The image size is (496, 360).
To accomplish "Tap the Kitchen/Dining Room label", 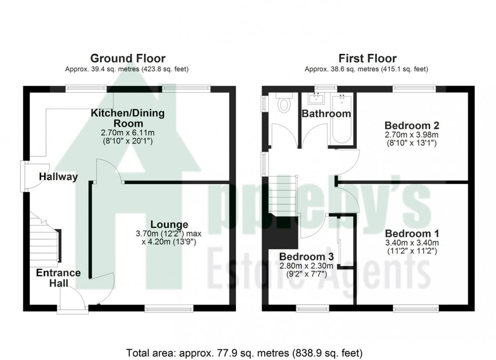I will pyautogui.click(x=128, y=118).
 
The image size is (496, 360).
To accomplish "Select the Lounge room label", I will pyautogui.click(x=169, y=224).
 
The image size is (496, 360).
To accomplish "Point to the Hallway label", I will pyautogui.click(x=59, y=176).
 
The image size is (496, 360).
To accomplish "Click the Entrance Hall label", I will pyautogui.click(x=58, y=278).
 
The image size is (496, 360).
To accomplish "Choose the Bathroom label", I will pyautogui.click(x=326, y=114).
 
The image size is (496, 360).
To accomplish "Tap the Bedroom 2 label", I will pyautogui.click(x=411, y=125).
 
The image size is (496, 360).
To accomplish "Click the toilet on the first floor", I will pyautogui.click(x=284, y=104).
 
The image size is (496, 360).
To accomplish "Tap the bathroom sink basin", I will pyautogui.click(x=317, y=98).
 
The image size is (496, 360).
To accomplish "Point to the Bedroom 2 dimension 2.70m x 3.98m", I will pyautogui.click(x=411, y=135).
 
